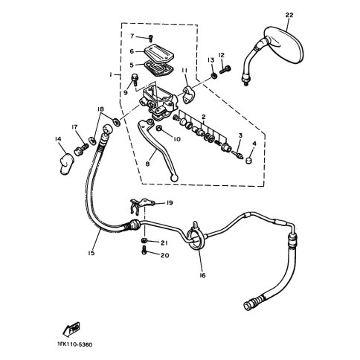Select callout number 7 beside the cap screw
(x=132, y=36)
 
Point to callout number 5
(x=132, y=64)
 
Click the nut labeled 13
(x=214, y=74)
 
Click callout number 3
(x=240, y=135)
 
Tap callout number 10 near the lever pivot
(x=176, y=138)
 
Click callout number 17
(x=75, y=127)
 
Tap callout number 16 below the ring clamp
(x=202, y=274)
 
